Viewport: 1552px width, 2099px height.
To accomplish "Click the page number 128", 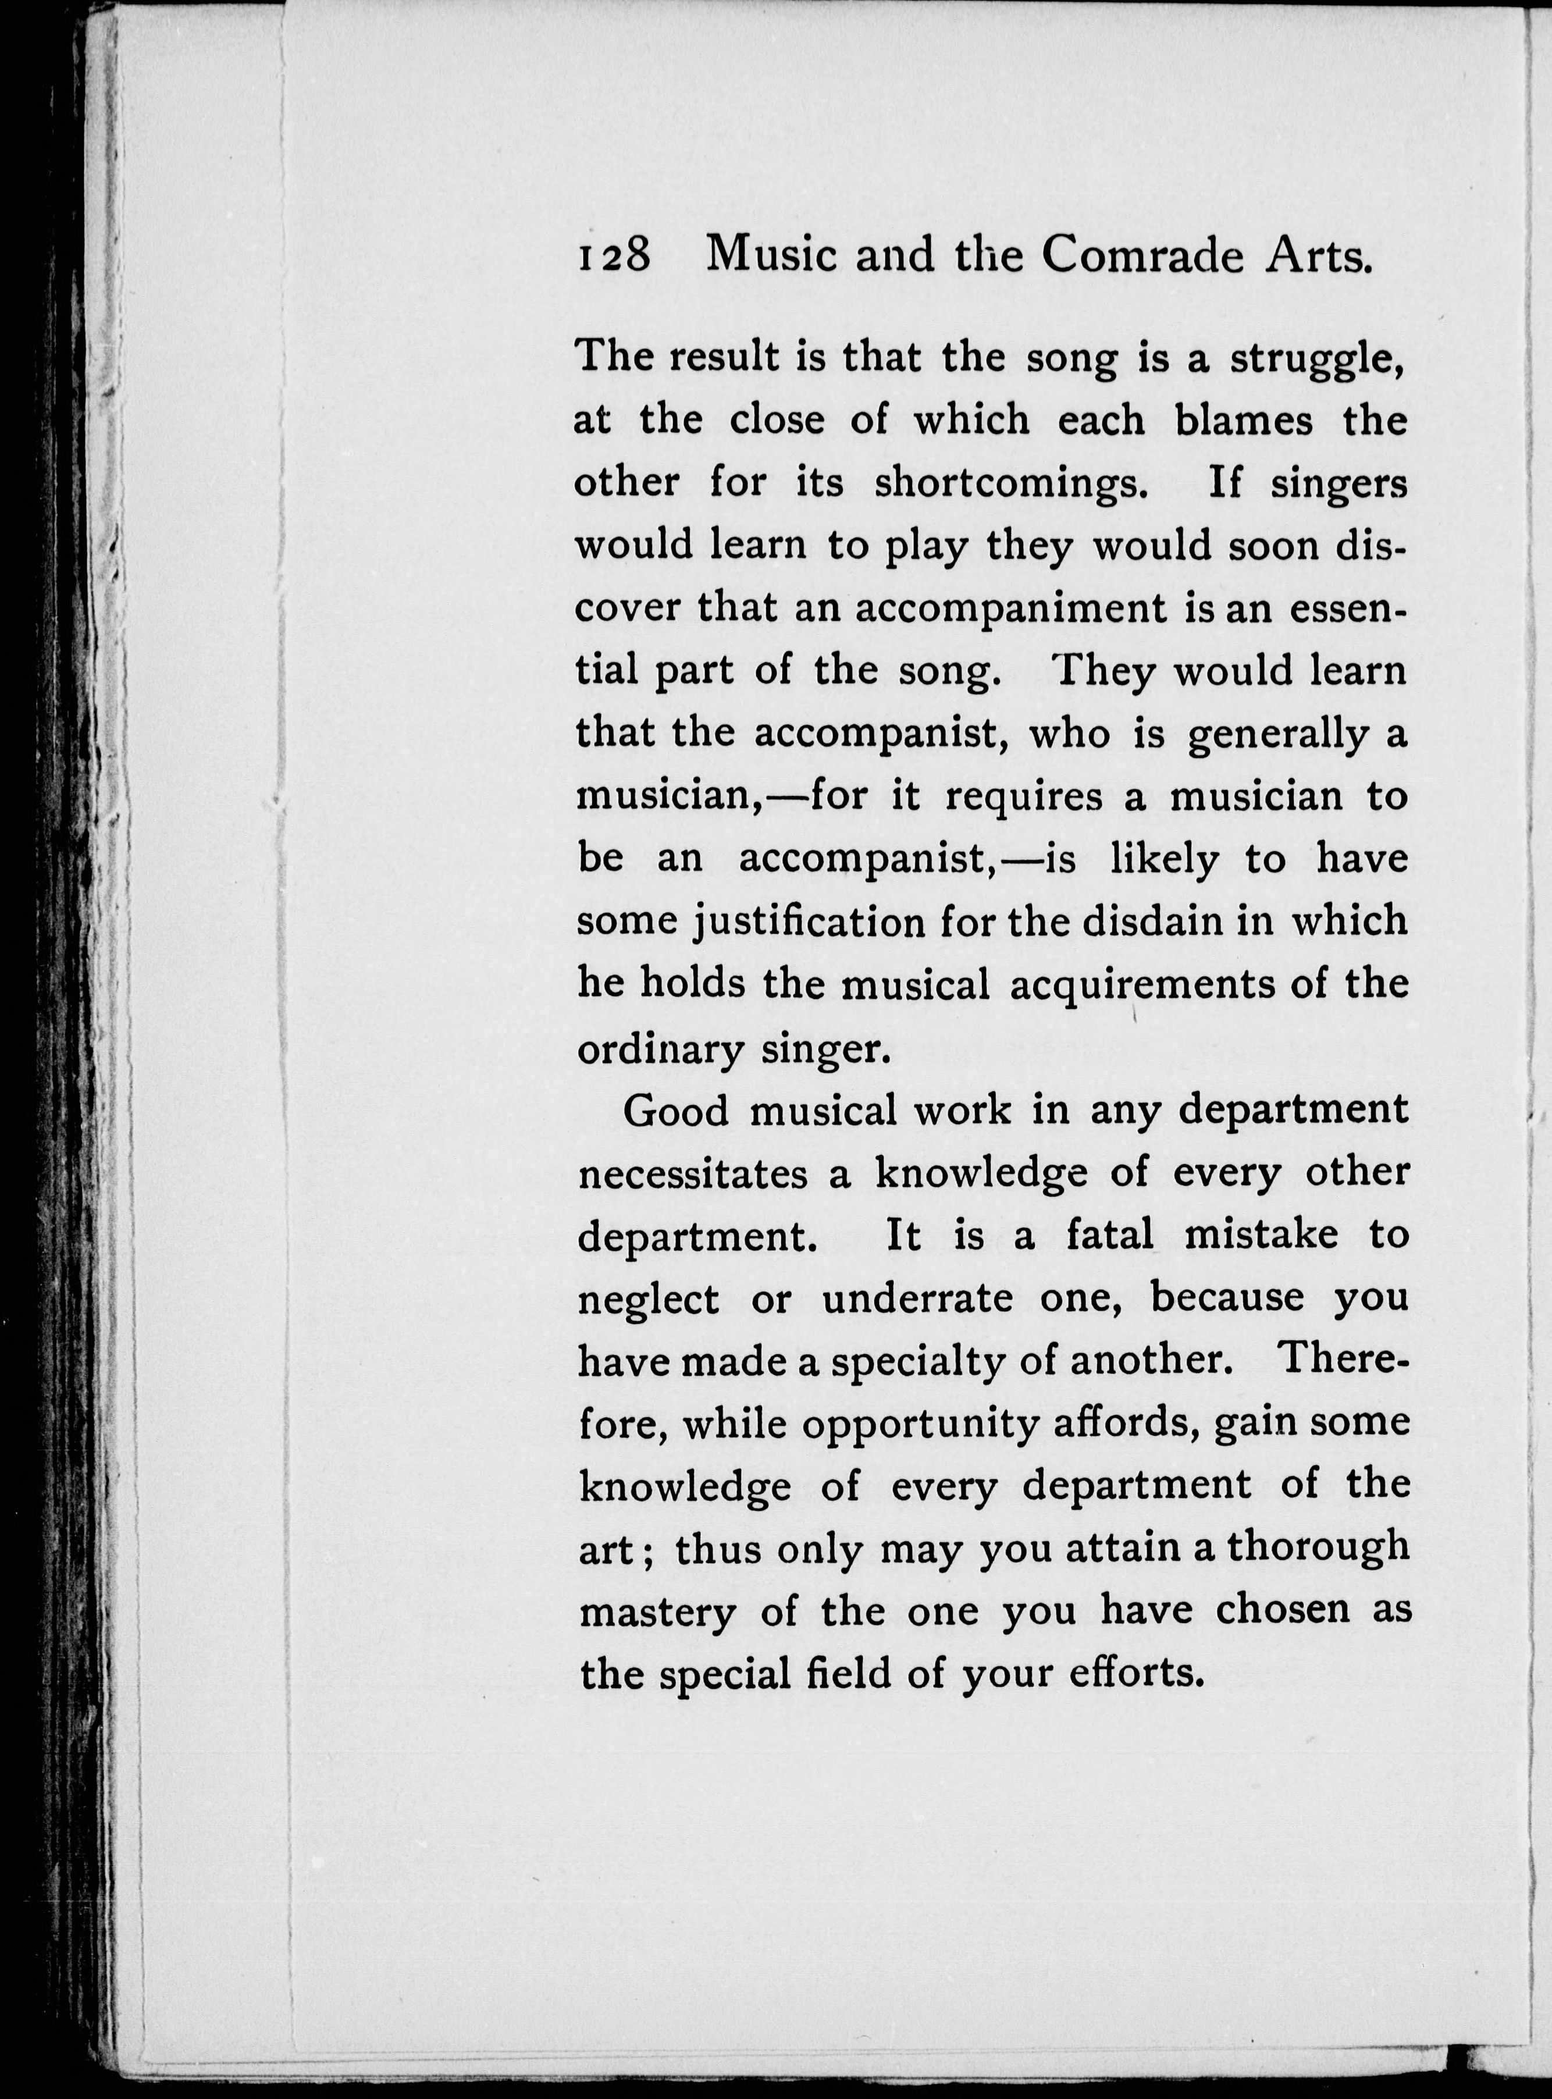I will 614,255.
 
